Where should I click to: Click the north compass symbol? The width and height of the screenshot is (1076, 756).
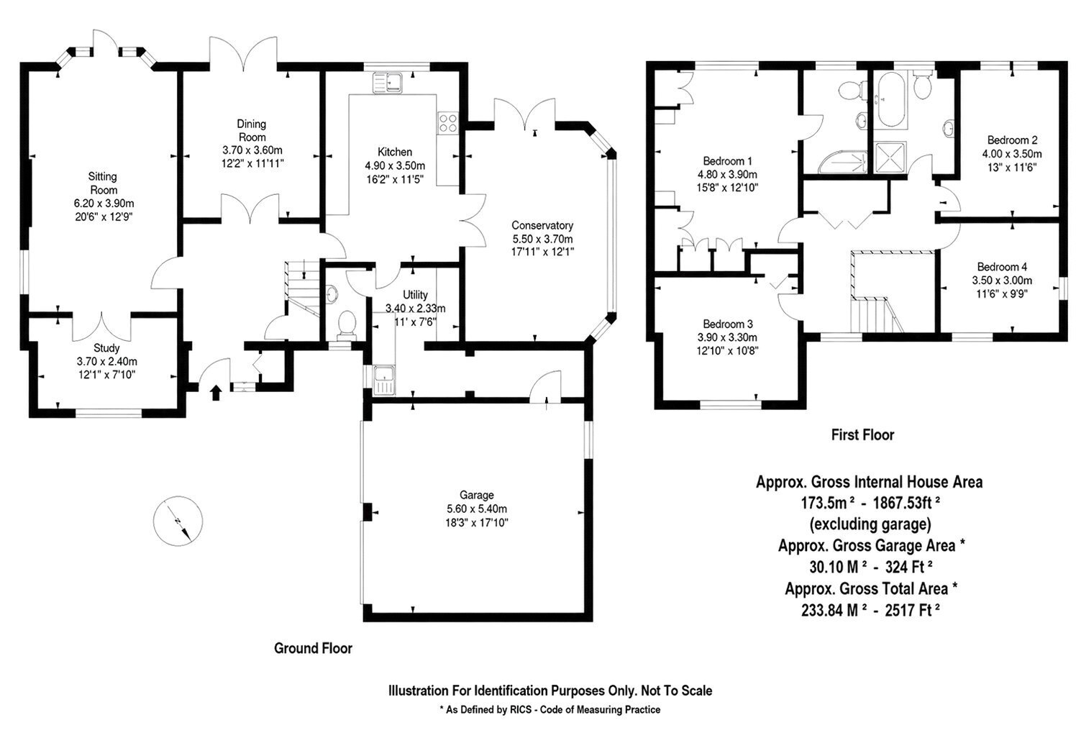coord(178,521)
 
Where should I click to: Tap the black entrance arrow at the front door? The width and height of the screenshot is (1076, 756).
coord(216,392)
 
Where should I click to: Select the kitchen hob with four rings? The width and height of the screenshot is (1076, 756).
coord(448,123)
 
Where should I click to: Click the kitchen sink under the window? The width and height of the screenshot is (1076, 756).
coord(388,83)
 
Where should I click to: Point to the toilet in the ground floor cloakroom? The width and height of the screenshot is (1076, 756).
coord(347,324)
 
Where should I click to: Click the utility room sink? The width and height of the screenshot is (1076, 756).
coord(384,380)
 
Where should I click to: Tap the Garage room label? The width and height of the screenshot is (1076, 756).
coord(477,495)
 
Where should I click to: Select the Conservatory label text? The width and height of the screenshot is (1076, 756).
coord(542,225)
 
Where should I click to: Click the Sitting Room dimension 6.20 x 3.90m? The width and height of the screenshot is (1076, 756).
coord(104,203)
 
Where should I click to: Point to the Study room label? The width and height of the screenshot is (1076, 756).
coord(106,347)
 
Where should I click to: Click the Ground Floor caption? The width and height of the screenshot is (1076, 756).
coord(313,648)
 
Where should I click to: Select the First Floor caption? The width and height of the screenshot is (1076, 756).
coord(862,434)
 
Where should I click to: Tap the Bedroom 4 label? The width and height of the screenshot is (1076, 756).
coord(1002,267)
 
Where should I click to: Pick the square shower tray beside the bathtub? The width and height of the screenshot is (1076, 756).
coord(890,156)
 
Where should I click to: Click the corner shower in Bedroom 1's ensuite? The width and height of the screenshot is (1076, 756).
coord(842,163)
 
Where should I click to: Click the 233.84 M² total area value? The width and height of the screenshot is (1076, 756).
coord(834,610)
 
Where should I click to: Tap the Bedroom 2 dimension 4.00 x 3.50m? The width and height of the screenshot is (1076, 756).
coord(1012,154)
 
